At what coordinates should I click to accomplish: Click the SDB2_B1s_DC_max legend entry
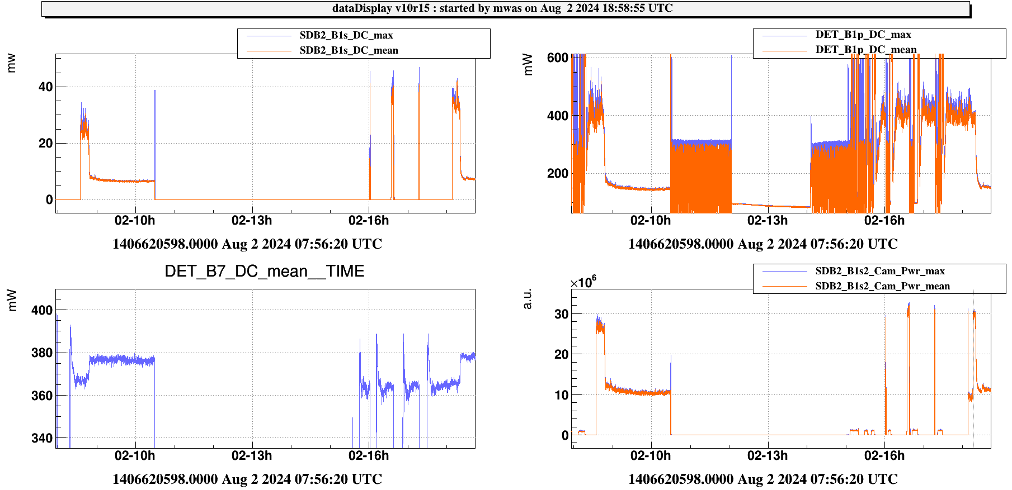coord(346,35)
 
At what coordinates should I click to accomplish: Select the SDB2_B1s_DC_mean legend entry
coord(349,50)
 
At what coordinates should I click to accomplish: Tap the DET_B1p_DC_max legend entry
coord(863,35)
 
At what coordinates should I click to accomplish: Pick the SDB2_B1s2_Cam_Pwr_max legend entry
coord(879,271)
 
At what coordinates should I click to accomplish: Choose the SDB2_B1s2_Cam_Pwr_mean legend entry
coord(882,286)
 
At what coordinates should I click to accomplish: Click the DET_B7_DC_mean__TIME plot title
coord(264,272)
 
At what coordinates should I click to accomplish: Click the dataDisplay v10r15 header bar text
coord(502,8)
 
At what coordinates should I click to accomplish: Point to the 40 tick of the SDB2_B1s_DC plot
coord(45,87)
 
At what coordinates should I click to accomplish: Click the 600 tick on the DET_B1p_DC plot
coord(557,58)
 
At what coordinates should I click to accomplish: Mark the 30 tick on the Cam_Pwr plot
coord(561,314)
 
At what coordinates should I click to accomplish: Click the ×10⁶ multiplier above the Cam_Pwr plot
coord(583,282)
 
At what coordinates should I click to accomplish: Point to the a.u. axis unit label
coord(527,299)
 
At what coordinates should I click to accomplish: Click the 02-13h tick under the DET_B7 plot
coord(252,455)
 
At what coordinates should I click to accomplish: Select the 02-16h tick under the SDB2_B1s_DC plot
coord(369,220)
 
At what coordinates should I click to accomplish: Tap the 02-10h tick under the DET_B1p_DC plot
coord(651,220)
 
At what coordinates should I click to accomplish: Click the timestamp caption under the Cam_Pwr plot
coord(762,479)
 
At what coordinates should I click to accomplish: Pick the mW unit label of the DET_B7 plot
coord(12,300)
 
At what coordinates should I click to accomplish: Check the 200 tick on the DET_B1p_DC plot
coord(557,173)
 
